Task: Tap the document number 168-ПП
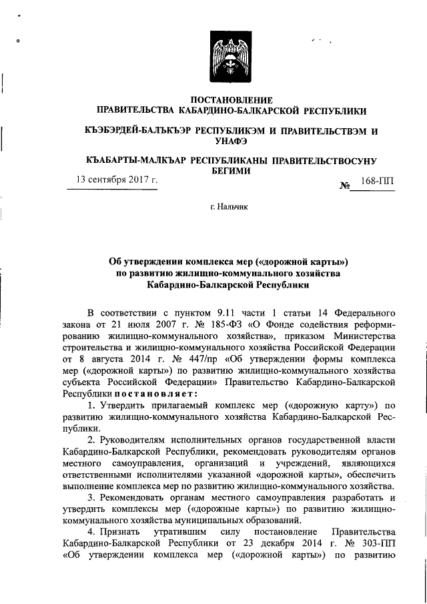point(377,182)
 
